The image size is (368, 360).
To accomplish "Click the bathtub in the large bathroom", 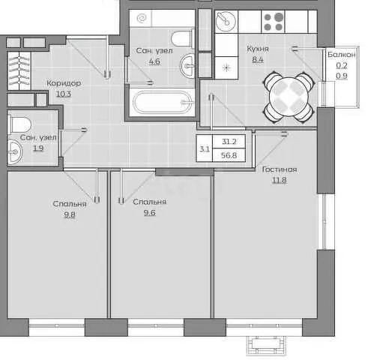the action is (x=162, y=102).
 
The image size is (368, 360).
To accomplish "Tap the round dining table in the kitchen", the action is (x=289, y=97).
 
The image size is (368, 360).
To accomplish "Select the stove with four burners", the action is (x=273, y=22).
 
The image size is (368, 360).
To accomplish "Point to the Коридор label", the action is (x=64, y=82).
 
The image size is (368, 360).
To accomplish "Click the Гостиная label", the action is (x=280, y=169).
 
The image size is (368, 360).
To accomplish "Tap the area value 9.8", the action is (x=70, y=214).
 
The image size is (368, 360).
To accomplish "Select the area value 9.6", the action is (x=150, y=213).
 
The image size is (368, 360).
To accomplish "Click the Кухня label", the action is (x=258, y=49).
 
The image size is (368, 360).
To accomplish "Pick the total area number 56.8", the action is (x=229, y=155).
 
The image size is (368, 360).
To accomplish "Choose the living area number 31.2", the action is (x=229, y=142).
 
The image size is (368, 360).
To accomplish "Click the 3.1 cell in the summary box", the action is (x=205, y=149).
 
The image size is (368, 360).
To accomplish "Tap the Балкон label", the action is (x=342, y=55).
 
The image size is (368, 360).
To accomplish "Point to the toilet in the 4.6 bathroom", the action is (x=183, y=38).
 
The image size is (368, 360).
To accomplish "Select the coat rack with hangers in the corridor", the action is (x=19, y=70).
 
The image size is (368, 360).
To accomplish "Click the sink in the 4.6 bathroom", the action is (x=187, y=66).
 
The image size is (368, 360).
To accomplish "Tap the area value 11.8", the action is (x=279, y=180).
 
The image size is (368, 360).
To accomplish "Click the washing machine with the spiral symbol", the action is (x=141, y=18).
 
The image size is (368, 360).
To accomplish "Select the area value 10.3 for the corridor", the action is (x=64, y=94).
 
